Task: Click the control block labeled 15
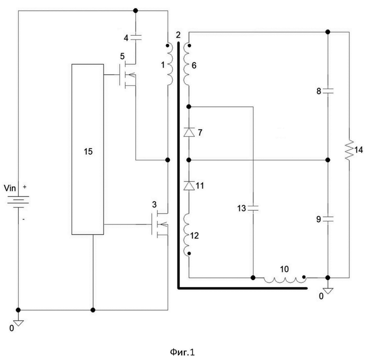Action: tap(88, 149)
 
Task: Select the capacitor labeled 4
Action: tap(136, 37)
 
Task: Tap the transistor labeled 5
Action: tap(128, 75)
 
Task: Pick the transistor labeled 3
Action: tap(160, 224)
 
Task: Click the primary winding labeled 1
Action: tap(170, 64)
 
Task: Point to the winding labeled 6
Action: tap(186, 64)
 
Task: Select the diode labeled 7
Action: tap(189, 132)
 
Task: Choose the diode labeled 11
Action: tap(189, 185)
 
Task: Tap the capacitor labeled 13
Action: tap(253, 208)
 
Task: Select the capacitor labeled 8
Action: tap(328, 91)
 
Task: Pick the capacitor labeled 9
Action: tap(328, 219)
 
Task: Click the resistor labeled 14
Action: tap(349, 150)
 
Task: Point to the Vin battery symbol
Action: tap(18, 201)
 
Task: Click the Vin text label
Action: tap(10, 188)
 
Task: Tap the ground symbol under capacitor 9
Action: tap(328, 291)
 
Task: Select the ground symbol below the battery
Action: tap(18, 323)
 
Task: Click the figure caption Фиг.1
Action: tap(183, 352)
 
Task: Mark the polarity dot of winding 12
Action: tap(189, 253)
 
